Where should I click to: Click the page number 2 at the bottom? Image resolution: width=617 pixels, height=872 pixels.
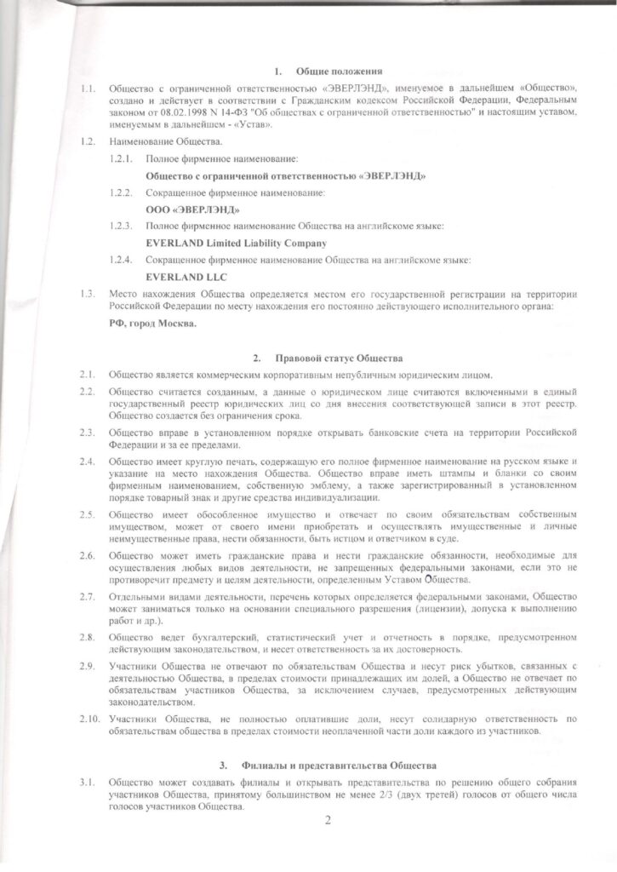point(328,822)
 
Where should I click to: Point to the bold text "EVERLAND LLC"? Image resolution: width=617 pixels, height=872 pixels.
point(187,276)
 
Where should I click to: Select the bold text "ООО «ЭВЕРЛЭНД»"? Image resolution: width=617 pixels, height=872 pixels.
point(192,209)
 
